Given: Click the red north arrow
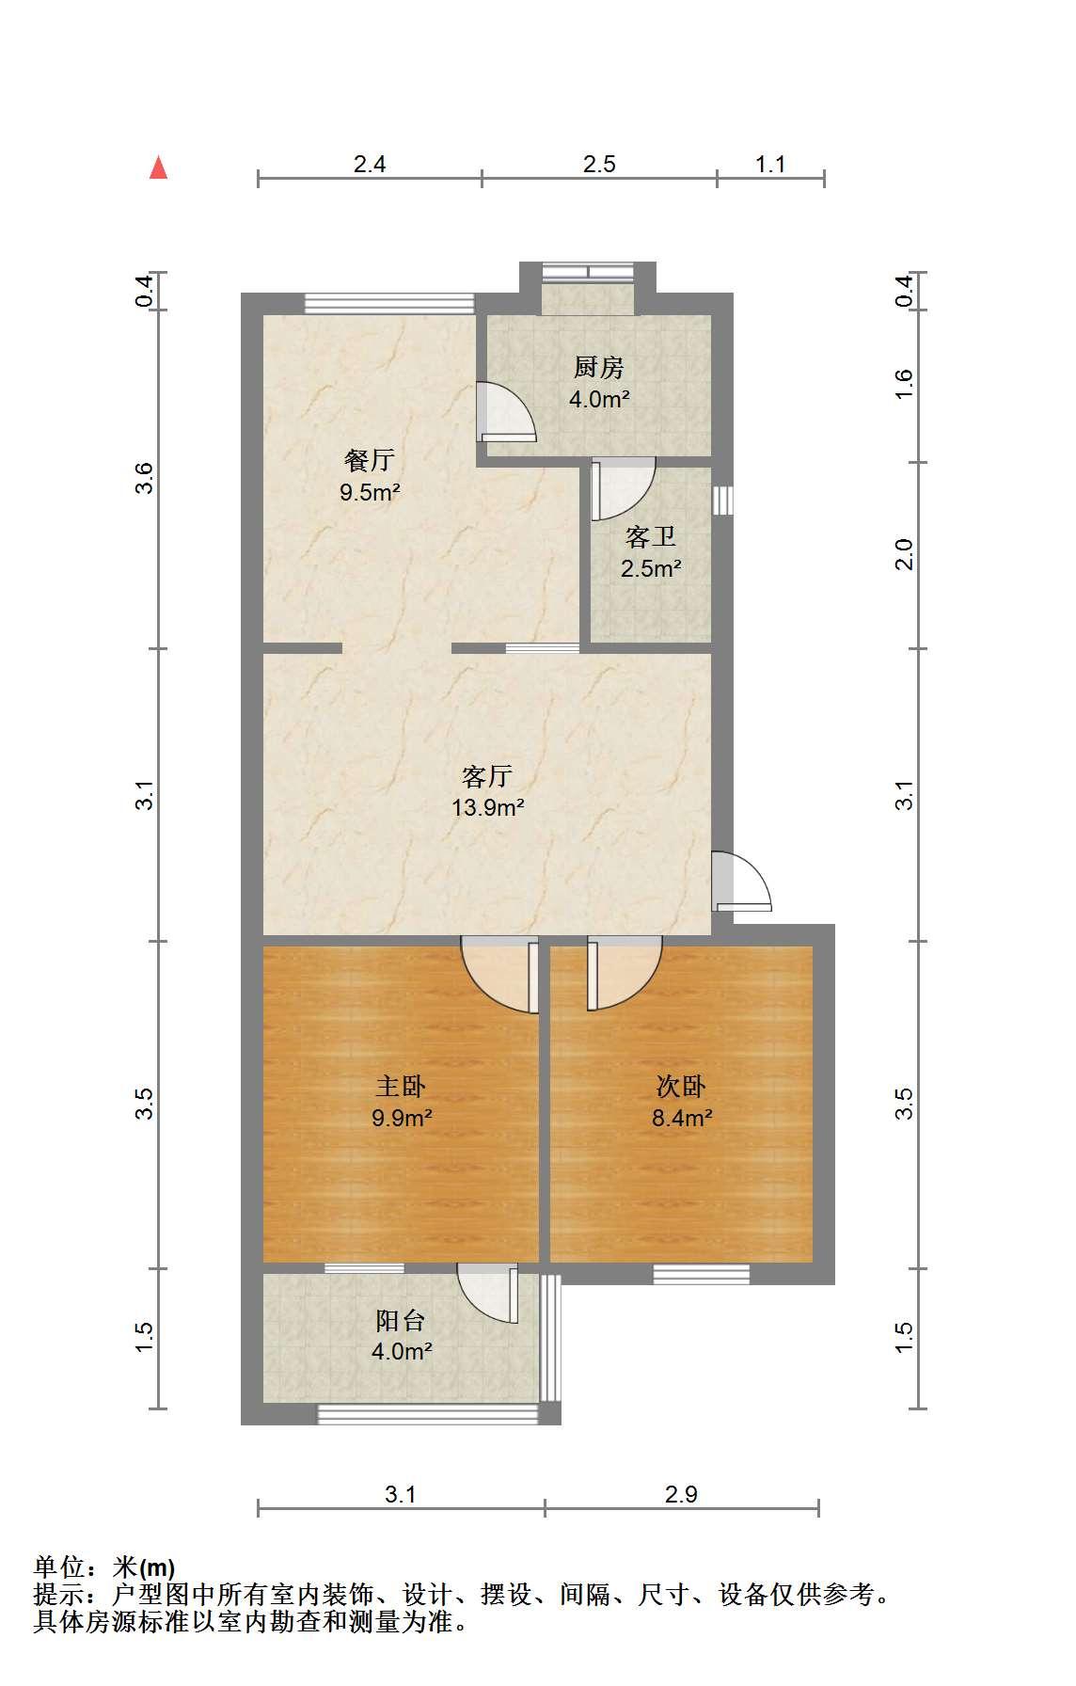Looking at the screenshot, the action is tap(159, 167).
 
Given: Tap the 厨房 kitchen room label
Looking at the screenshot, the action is tap(599, 368).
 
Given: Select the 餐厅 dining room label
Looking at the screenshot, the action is tap(370, 461).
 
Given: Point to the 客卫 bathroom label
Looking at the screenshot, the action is tap(651, 537).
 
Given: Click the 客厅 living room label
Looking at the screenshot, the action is tap(487, 776).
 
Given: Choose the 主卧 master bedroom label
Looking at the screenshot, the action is tap(401, 1087).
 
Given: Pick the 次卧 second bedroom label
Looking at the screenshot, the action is tap(681, 1087).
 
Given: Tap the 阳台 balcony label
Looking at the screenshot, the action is tap(401, 1321).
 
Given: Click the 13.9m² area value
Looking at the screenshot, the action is tap(487, 807).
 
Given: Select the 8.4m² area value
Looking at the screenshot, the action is tap(681, 1118).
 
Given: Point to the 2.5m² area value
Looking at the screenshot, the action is tap(651, 568).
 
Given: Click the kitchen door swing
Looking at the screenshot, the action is tap(506, 412).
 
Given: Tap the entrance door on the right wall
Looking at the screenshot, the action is tap(742, 882).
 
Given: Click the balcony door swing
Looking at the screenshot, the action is tap(488, 1294).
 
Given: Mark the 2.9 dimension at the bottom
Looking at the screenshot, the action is tap(681, 1494).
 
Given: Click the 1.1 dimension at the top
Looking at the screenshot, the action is tap(770, 165).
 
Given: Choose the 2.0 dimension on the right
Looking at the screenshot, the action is tap(904, 554).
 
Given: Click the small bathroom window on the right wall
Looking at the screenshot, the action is tap(722, 501).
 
